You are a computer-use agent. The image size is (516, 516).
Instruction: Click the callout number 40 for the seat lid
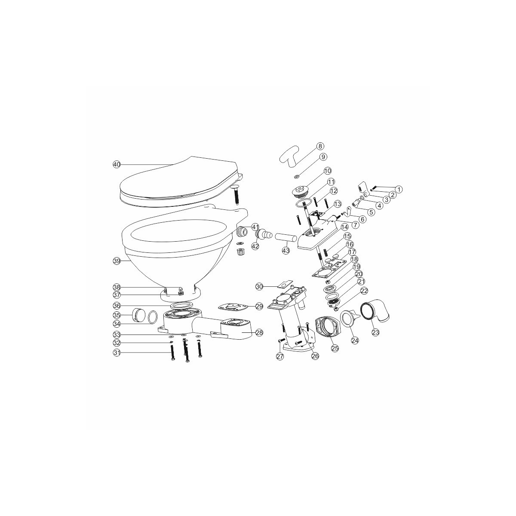(116, 164)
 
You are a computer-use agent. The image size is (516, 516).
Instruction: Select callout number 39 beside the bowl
(116, 261)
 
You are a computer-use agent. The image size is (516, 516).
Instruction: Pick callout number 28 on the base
(259, 332)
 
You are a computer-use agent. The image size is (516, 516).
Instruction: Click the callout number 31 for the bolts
(116, 353)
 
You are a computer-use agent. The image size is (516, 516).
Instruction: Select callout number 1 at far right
(398, 189)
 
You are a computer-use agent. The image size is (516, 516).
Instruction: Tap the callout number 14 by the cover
(344, 227)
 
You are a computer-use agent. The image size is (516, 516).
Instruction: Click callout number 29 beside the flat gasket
(259, 306)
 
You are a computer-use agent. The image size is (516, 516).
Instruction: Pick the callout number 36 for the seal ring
(116, 306)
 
